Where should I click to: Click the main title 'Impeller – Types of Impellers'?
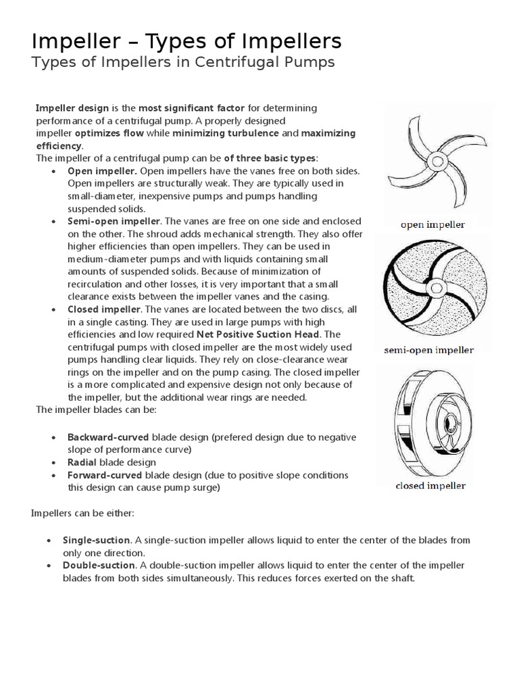(187, 42)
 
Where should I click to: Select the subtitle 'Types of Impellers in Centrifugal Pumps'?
(183, 64)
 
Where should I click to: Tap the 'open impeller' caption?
(432, 224)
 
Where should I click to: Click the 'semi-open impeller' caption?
(429, 350)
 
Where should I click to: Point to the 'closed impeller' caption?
(430, 485)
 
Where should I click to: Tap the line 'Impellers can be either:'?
(83, 513)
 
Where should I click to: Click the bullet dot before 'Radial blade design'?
(53, 463)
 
